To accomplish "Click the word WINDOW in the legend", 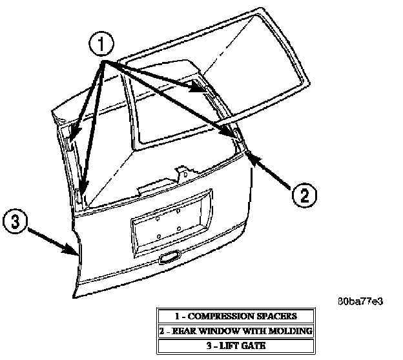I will pos(227,330).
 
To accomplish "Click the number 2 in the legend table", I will pos(164,330).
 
